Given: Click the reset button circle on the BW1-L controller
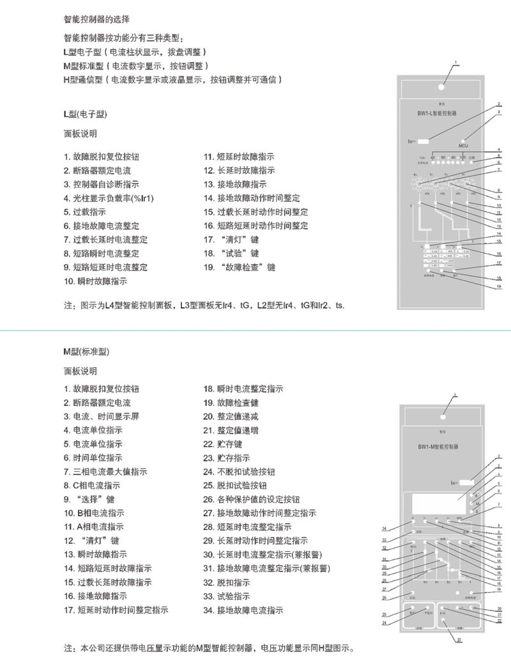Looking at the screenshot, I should (x=441, y=86).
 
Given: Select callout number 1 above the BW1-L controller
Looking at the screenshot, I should (x=456, y=62).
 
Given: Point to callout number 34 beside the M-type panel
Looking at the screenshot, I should (x=385, y=527).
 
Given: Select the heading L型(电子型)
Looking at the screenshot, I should (x=85, y=114).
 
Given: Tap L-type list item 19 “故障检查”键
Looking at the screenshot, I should (x=240, y=267).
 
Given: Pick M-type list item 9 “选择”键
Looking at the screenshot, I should (x=89, y=499).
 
